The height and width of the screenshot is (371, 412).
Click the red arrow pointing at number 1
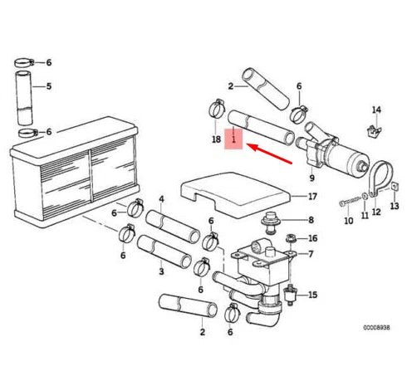point(269,154)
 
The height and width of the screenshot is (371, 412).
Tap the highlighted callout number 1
point(233,139)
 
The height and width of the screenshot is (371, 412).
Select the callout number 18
point(216,139)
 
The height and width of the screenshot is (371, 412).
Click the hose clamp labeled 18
point(217,108)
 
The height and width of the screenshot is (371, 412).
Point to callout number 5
point(49,86)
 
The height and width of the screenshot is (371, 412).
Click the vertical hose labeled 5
point(24,98)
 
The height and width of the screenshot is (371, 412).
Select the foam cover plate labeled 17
point(235,194)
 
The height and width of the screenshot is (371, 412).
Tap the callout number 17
point(312,197)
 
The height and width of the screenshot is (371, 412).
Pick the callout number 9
point(311,178)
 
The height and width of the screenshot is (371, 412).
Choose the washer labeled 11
point(365,197)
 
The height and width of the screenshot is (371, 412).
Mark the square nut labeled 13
point(395,188)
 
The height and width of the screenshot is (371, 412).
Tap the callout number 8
point(311,220)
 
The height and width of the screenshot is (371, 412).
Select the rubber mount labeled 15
point(291,295)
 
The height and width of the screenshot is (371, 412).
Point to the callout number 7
point(311,254)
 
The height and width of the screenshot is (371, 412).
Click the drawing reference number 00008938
point(376,328)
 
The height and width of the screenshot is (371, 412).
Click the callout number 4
point(161,199)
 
